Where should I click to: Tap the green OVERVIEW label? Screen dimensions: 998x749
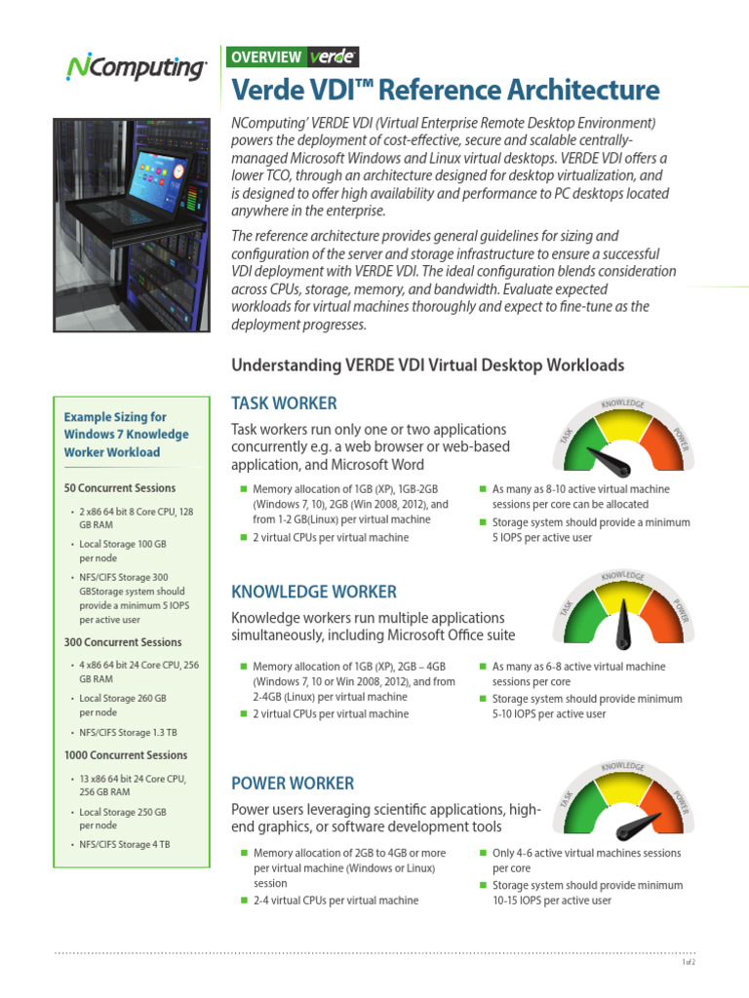click(x=265, y=58)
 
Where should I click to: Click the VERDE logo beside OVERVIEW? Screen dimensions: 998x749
click(x=333, y=58)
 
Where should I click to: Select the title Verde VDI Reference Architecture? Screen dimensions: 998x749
click(x=445, y=91)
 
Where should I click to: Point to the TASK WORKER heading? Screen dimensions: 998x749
click(x=284, y=403)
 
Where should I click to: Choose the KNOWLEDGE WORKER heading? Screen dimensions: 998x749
click(x=313, y=592)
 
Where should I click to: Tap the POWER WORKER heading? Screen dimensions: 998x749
click(x=292, y=784)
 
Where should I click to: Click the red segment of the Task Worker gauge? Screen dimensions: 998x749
click(x=670, y=444)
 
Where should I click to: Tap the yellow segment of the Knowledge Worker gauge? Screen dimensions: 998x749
click(x=623, y=596)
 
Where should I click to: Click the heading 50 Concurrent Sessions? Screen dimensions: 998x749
click(x=120, y=488)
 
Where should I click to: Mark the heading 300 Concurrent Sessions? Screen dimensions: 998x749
click(x=123, y=642)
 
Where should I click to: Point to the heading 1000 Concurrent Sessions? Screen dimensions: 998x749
click(x=126, y=755)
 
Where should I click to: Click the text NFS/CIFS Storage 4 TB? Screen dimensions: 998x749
click(x=125, y=844)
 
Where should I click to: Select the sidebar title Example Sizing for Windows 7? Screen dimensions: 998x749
click(x=126, y=435)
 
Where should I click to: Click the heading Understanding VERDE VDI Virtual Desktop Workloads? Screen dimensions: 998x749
click(x=427, y=365)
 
